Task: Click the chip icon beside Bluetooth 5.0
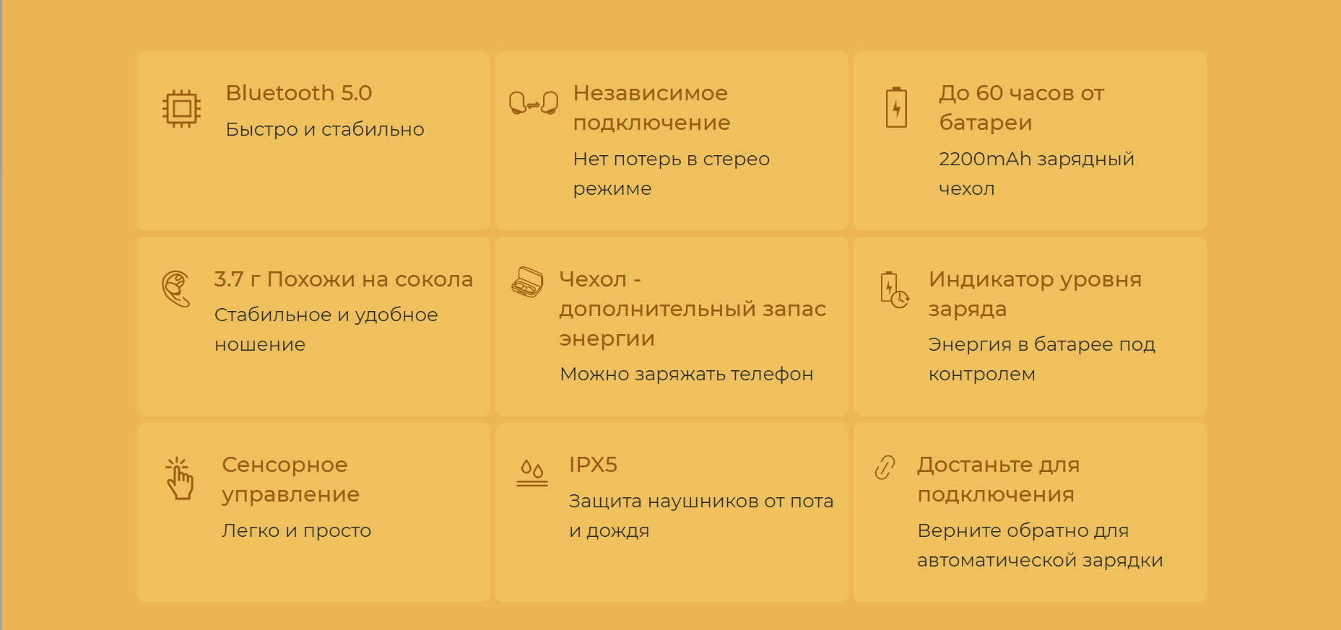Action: pos(181,109)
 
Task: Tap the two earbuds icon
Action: pos(534,103)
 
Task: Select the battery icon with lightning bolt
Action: pos(896,108)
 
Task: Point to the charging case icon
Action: pos(527,282)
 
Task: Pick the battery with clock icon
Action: pos(894,290)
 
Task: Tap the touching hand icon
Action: pos(179,478)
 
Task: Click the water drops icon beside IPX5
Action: pos(532,473)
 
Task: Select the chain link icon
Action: pos(885,468)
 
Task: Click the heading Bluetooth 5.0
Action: pos(299,93)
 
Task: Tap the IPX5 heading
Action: pos(593,465)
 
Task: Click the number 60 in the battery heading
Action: pos(989,93)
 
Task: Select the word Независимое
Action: pos(651,93)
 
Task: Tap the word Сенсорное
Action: pos(285,465)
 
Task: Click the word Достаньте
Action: pos(975,465)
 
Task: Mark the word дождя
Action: pos(617,531)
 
